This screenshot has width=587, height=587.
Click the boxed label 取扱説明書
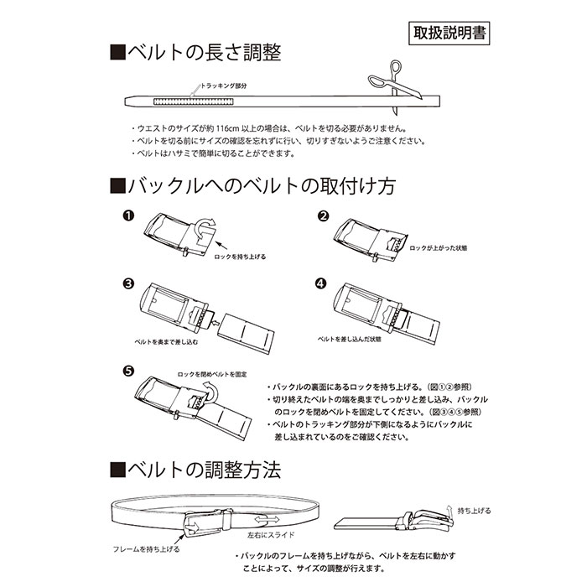[449, 34]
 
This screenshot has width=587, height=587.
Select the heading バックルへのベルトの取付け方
[252, 185]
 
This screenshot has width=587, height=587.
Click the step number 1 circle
[127, 216]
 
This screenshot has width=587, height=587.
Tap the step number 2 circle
[321, 216]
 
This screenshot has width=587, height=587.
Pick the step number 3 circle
[127, 283]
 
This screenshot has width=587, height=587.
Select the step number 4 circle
[321, 283]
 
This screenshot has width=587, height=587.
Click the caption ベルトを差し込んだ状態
[349, 339]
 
